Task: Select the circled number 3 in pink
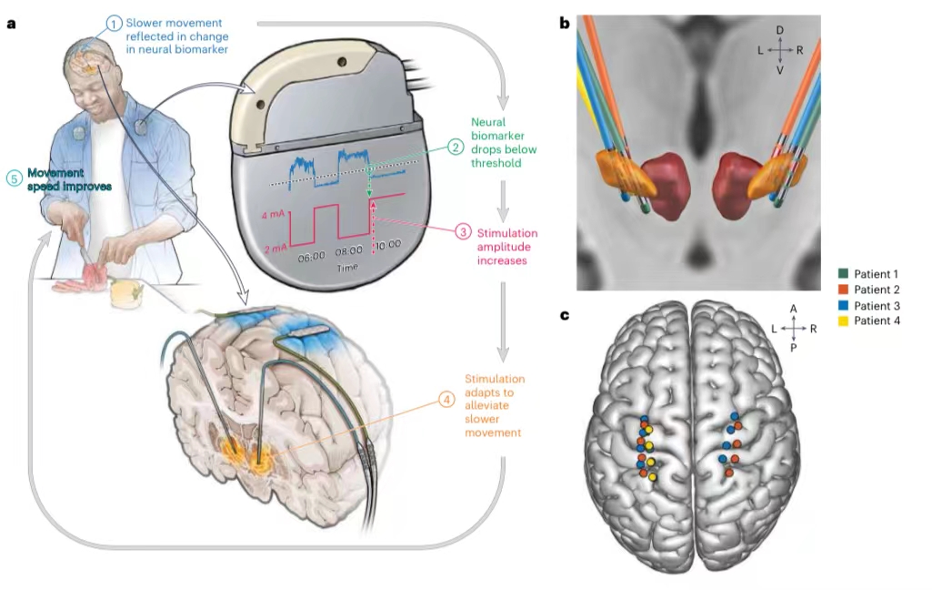pyautogui.click(x=463, y=231)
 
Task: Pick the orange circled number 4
pyautogui.click(x=447, y=400)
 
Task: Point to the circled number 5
pyautogui.click(x=14, y=178)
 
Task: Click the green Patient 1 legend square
pyautogui.click(x=843, y=272)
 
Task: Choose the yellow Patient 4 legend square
pyautogui.click(x=843, y=320)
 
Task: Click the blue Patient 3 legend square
pyautogui.click(x=843, y=304)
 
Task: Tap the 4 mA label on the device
pyautogui.click(x=275, y=216)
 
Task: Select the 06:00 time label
pyautogui.click(x=312, y=258)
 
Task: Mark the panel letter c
pyautogui.click(x=565, y=315)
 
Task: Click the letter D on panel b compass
pyautogui.click(x=780, y=30)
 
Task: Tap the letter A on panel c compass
pyautogui.click(x=793, y=310)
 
